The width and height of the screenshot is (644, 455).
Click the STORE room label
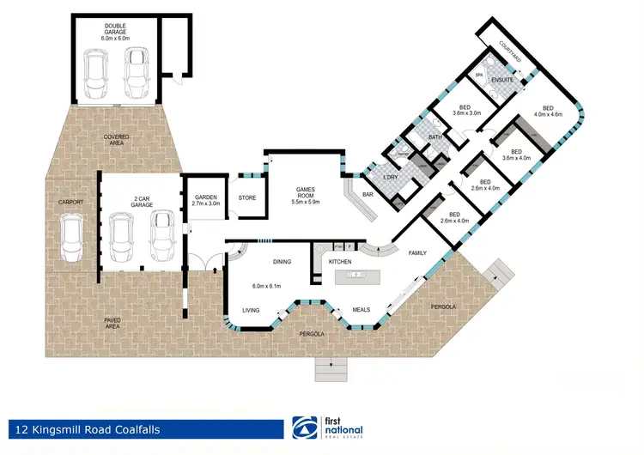[x=247, y=197]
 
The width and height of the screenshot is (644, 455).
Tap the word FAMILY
[x=418, y=253]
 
